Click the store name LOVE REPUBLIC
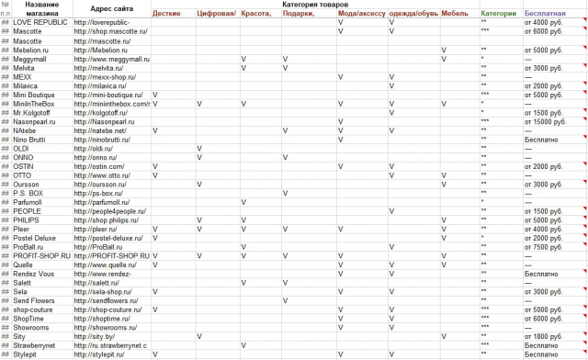click(x=41, y=22)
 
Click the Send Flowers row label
click(x=36, y=300)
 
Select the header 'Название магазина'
click(x=44, y=10)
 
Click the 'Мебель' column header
click(x=454, y=14)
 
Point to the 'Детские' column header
click(x=166, y=14)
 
